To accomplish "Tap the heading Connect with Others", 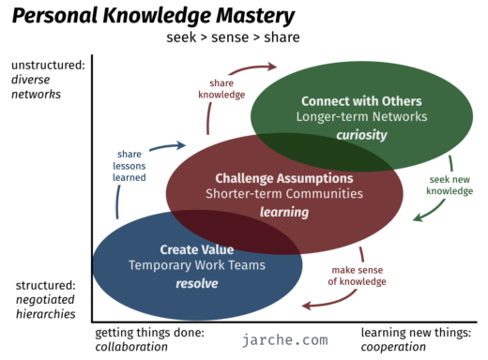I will point(361,100).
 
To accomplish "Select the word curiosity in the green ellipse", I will point(361,136).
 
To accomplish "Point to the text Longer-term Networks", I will point(361,117).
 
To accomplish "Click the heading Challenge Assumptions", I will point(283,177).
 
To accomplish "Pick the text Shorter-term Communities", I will point(283,194).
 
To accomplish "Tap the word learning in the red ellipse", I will point(283,213).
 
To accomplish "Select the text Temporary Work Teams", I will point(196,266).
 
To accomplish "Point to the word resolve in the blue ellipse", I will point(196,284).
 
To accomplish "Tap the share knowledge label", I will point(221,89).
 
